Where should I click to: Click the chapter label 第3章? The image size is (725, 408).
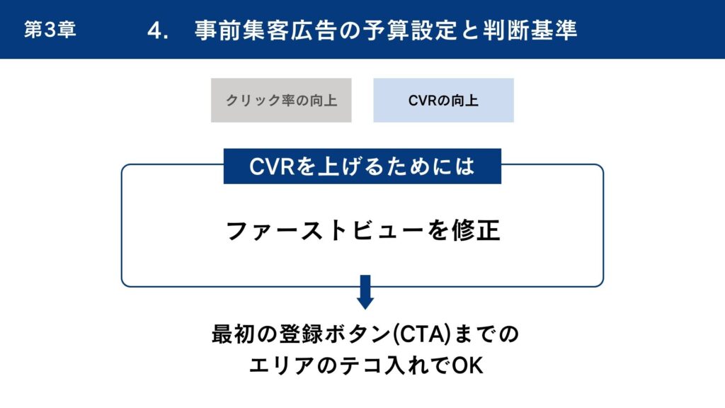50,30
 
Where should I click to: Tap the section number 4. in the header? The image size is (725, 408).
158,30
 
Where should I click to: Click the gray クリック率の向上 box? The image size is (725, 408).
281,101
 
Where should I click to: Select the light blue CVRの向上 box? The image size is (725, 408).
443,101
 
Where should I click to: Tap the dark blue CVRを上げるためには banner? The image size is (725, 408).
362,166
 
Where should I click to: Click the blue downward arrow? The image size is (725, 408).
365,292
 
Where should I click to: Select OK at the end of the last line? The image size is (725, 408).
467,365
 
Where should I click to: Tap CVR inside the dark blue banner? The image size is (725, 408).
271,166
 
